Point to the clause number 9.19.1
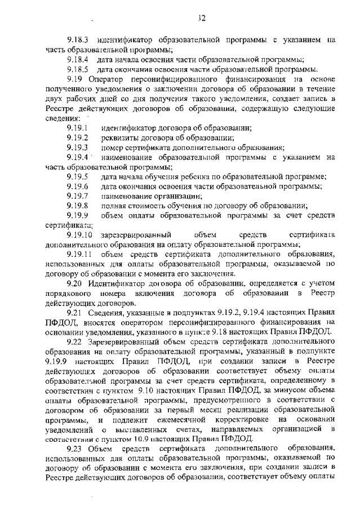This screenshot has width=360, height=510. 77,128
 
